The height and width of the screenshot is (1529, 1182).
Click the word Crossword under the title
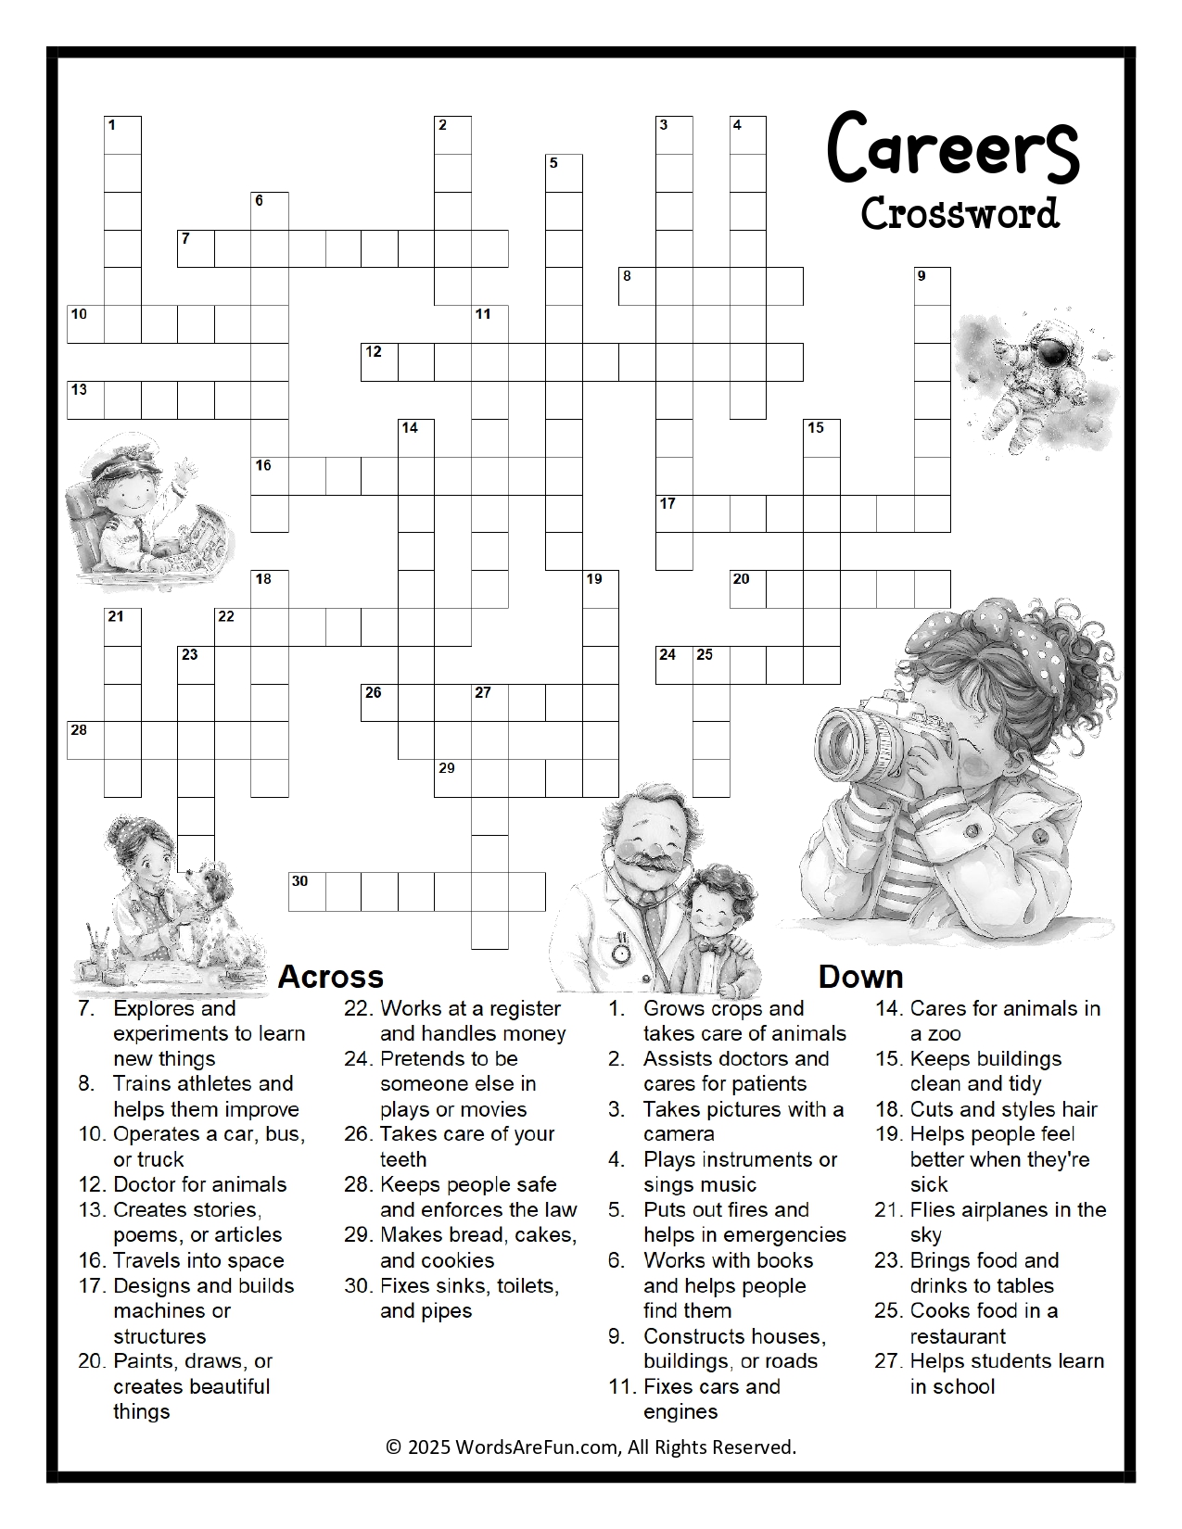click(x=960, y=214)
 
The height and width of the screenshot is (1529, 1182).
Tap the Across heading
click(x=330, y=976)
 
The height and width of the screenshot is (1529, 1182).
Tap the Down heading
click(x=860, y=976)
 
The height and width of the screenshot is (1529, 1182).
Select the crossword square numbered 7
click(x=196, y=249)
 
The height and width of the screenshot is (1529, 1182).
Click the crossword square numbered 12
click(x=379, y=362)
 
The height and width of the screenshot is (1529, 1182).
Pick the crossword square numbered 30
click(x=307, y=891)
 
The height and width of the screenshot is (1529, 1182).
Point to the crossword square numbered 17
click(x=674, y=514)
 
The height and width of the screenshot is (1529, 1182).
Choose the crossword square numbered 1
click(x=122, y=135)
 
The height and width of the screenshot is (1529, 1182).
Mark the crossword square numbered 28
click(x=85, y=740)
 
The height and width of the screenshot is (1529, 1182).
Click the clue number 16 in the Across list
click(x=92, y=1260)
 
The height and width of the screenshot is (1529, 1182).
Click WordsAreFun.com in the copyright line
click(x=537, y=1447)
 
